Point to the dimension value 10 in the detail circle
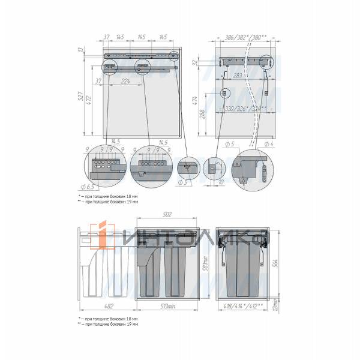point(221,182)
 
